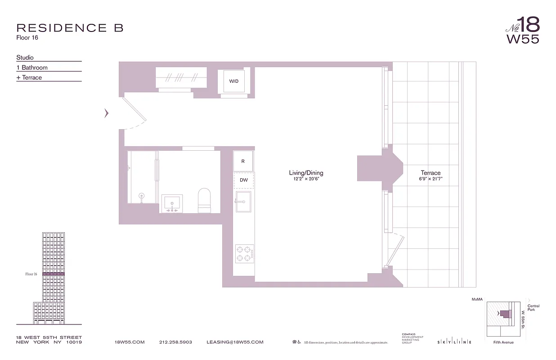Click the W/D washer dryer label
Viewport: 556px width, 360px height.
point(233,81)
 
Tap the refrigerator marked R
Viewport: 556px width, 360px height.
point(243,161)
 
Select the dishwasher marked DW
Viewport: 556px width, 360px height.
point(243,180)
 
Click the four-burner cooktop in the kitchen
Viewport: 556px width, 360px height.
point(244,253)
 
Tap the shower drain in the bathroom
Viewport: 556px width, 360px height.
point(142,196)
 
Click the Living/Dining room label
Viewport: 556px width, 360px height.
point(306,173)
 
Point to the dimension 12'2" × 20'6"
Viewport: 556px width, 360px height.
point(306,179)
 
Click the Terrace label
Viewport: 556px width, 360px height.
point(430,173)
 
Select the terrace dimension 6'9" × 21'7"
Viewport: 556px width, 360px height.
point(430,179)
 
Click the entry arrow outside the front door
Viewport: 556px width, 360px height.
point(107,113)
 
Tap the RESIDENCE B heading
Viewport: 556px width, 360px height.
point(70,28)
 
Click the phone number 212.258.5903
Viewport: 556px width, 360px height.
point(175,342)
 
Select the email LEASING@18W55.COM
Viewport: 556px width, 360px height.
point(235,342)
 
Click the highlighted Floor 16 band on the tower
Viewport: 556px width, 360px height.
point(54,274)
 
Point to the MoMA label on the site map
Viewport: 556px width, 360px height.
point(477,299)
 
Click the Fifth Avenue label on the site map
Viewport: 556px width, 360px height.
point(503,342)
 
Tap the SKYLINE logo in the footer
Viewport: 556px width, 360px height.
point(454,342)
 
